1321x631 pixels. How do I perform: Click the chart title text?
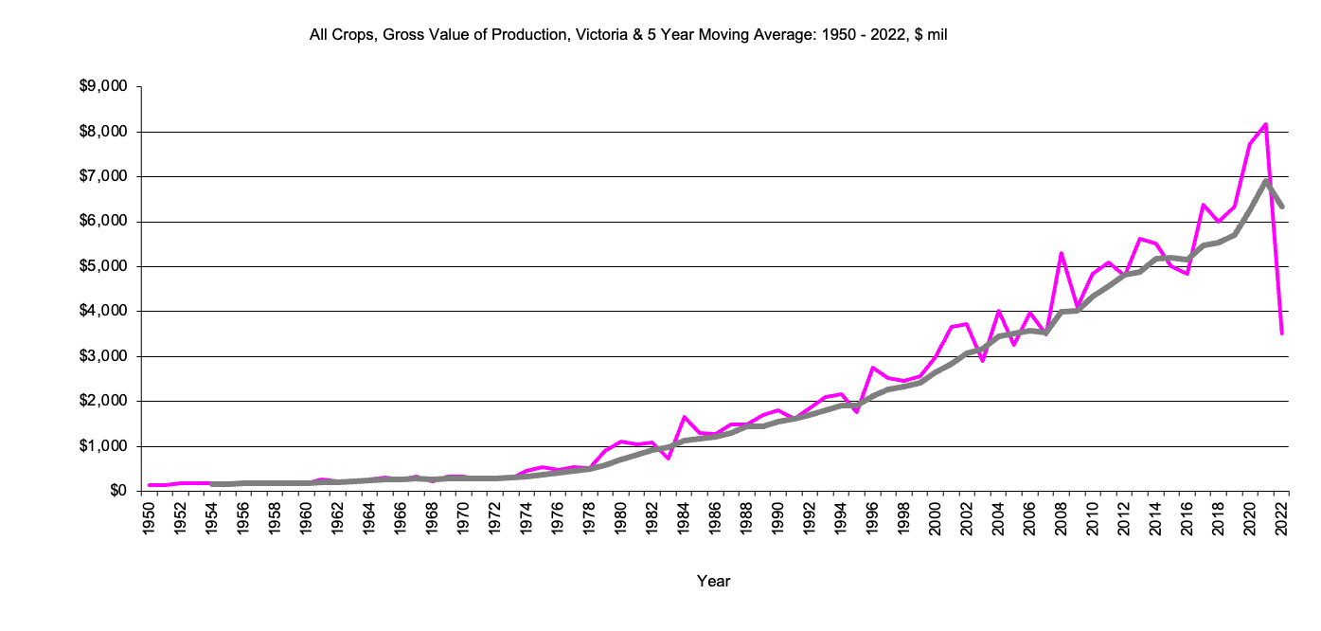(629, 36)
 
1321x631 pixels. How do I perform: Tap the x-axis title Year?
(713, 581)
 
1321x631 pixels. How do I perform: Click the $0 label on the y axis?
(118, 491)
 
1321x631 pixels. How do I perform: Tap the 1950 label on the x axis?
(150, 518)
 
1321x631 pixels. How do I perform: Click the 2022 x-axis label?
(1281, 518)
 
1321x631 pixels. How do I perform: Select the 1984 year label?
(684, 518)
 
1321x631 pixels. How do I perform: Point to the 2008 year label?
(1062, 518)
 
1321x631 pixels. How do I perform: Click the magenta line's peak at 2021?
(1265, 124)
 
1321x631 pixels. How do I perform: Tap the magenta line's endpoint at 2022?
(1281, 334)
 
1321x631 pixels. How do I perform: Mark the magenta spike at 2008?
(1062, 253)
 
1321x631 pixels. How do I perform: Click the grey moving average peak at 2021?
(1265, 180)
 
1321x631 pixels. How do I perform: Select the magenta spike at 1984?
(684, 417)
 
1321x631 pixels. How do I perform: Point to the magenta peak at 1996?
(872, 368)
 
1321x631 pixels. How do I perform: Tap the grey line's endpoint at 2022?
(1281, 207)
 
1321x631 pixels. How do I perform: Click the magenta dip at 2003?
(983, 361)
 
